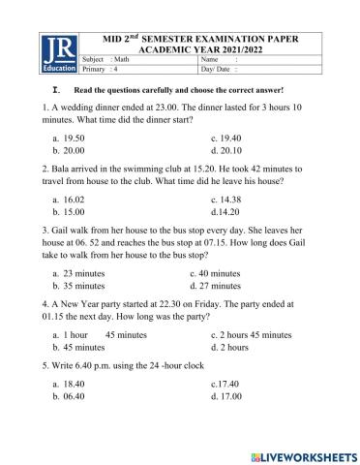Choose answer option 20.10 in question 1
tap(230, 152)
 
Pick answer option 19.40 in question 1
tap(229, 139)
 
